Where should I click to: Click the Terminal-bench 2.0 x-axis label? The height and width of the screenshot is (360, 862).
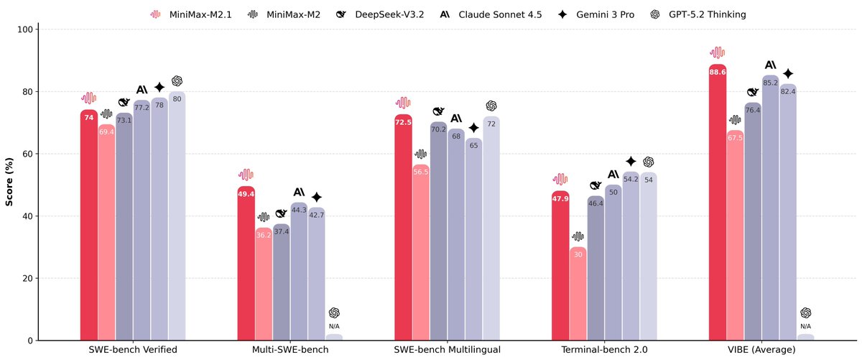click(x=604, y=350)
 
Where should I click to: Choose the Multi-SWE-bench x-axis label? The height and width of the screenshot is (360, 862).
click(x=290, y=350)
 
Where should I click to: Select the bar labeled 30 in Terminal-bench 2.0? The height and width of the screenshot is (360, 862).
click(x=578, y=295)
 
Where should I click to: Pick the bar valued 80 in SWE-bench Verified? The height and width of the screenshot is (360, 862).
click(x=177, y=216)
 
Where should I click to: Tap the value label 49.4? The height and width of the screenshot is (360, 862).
click(x=246, y=194)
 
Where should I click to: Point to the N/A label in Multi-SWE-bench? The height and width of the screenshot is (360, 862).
click(x=334, y=326)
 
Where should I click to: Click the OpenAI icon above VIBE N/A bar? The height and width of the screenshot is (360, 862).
click(x=805, y=313)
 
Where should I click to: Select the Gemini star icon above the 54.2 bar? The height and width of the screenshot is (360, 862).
click(x=631, y=162)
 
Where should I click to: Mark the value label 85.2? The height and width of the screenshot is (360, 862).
click(x=770, y=83)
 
